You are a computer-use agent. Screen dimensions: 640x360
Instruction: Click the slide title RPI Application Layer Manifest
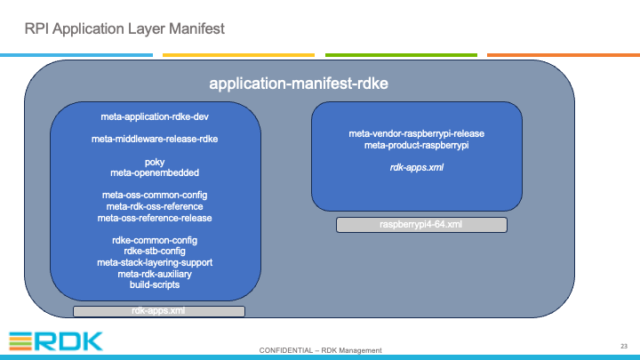point(124,29)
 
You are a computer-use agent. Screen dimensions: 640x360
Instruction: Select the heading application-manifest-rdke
point(299,84)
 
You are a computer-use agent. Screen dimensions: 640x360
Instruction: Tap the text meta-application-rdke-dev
point(155,117)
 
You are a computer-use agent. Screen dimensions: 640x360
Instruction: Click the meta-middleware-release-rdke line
point(155,140)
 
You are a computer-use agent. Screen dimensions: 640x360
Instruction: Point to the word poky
point(155,163)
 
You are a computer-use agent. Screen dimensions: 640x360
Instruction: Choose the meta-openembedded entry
point(155,173)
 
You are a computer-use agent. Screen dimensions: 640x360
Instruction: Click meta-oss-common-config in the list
point(155,195)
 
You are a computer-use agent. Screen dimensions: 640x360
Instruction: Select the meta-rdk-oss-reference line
point(155,206)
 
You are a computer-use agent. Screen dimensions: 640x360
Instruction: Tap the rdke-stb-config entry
point(155,251)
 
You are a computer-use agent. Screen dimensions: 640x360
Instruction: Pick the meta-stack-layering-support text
point(155,262)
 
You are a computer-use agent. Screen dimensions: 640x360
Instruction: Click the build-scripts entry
point(155,284)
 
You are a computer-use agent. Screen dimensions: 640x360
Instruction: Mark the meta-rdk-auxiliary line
point(155,274)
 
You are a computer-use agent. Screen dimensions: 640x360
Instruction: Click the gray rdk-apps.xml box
point(159,311)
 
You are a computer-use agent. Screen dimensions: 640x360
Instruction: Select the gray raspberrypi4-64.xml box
point(421,225)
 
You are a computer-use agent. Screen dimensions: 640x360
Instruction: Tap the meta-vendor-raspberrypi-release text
point(416,134)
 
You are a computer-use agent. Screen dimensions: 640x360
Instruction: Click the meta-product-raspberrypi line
point(416,145)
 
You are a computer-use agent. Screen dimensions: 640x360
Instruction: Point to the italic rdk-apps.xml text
point(416,168)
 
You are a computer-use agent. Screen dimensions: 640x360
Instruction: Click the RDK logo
point(55,341)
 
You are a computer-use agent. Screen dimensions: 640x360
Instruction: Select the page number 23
point(624,346)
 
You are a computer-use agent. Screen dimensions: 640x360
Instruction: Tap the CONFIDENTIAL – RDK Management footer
point(320,350)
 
